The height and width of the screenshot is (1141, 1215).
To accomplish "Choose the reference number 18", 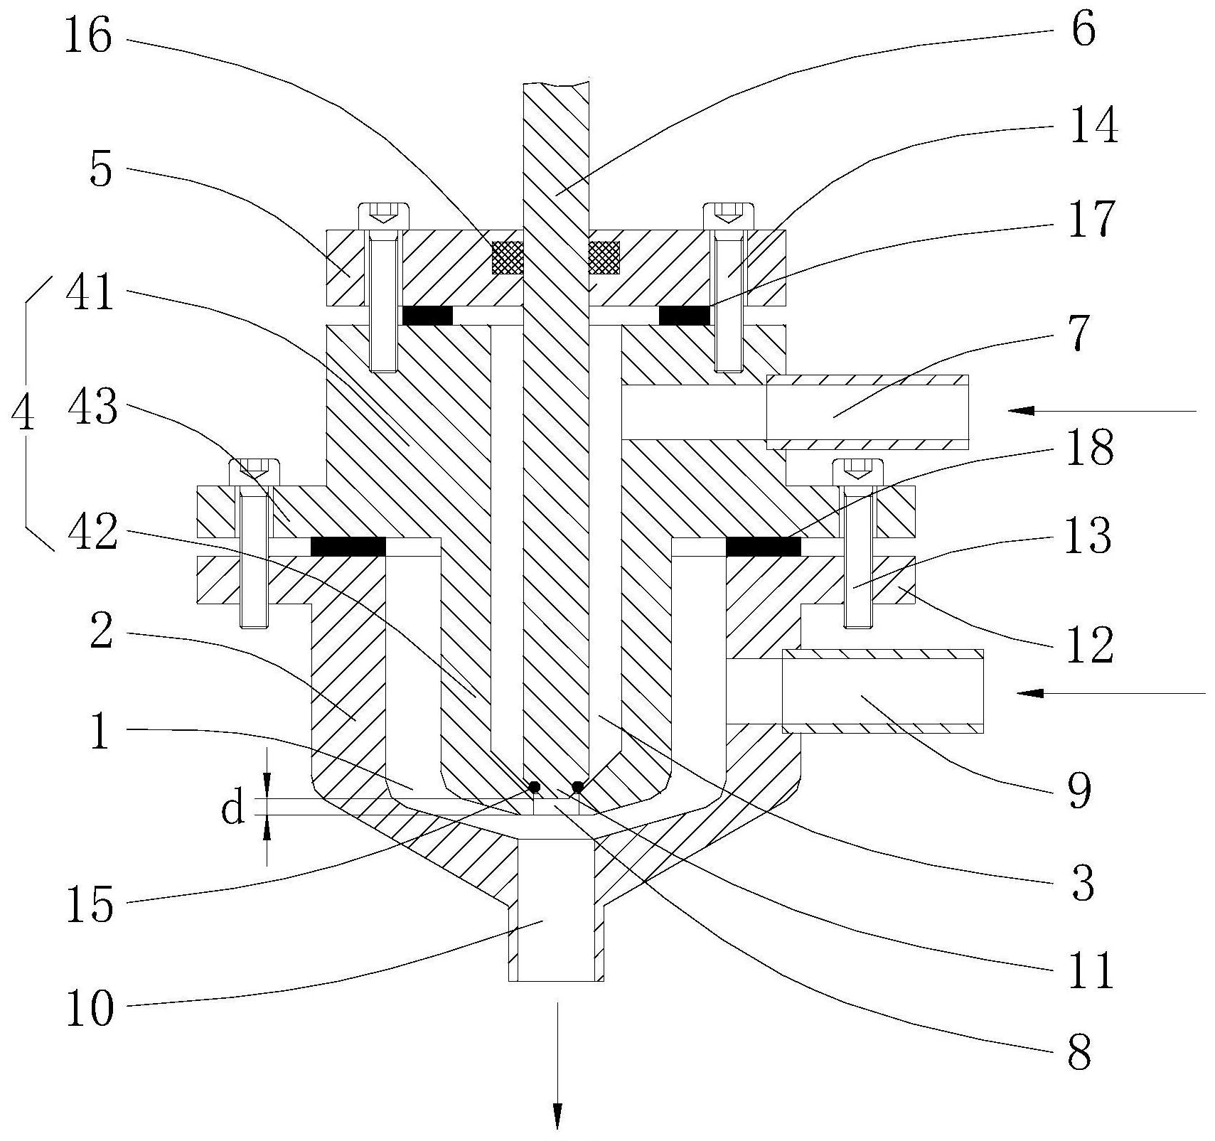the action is [x=1089, y=449].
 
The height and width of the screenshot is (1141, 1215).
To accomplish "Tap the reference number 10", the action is [x=89, y=1008].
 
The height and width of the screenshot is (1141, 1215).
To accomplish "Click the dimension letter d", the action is [x=232, y=810].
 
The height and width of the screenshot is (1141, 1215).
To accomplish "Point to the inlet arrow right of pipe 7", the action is [x=1102, y=411].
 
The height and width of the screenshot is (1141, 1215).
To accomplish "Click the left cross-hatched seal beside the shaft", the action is [x=508, y=257].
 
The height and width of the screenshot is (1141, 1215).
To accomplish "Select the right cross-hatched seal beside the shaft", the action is [x=604, y=257].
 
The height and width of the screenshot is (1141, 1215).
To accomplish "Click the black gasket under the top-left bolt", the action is [x=427, y=316].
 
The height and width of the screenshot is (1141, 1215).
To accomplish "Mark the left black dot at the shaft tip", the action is [x=532, y=787].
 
